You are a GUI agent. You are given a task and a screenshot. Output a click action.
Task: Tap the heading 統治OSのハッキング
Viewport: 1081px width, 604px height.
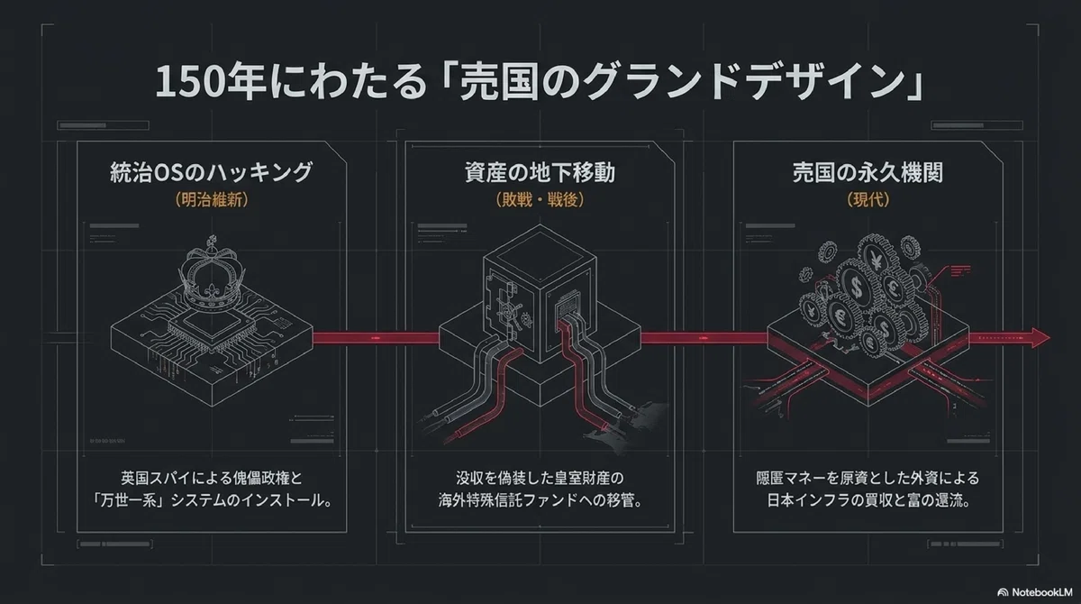(x=212, y=172)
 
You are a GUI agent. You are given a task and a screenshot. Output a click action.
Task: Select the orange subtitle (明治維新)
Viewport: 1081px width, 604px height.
(x=212, y=199)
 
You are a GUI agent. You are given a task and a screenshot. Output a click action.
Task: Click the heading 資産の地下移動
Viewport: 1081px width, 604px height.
(x=540, y=172)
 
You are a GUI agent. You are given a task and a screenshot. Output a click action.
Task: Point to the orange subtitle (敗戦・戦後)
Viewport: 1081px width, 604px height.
(x=540, y=199)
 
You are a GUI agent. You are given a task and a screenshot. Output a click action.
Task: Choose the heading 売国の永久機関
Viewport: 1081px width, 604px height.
(x=868, y=172)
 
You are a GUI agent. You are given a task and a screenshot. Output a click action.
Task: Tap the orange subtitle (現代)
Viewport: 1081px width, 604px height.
(x=868, y=199)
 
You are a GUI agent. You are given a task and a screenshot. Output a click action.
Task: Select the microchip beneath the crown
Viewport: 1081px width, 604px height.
(x=212, y=327)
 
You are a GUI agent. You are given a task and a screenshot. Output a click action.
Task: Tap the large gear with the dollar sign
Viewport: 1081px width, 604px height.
(x=857, y=288)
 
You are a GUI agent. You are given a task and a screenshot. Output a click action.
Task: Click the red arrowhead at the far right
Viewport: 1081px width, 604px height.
(x=1040, y=337)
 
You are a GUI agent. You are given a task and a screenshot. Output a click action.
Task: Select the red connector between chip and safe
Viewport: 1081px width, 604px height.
(x=377, y=338)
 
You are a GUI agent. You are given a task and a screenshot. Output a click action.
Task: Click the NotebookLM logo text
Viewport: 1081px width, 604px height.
(x=1042, y=592)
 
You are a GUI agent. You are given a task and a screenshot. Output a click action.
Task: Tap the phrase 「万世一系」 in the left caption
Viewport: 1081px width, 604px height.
(x=129, y=500)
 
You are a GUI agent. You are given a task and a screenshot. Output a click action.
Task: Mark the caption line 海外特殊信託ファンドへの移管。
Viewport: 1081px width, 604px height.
(x=540, y=500)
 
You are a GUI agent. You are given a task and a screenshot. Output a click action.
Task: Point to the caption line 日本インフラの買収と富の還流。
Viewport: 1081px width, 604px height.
(x=868, y=500)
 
